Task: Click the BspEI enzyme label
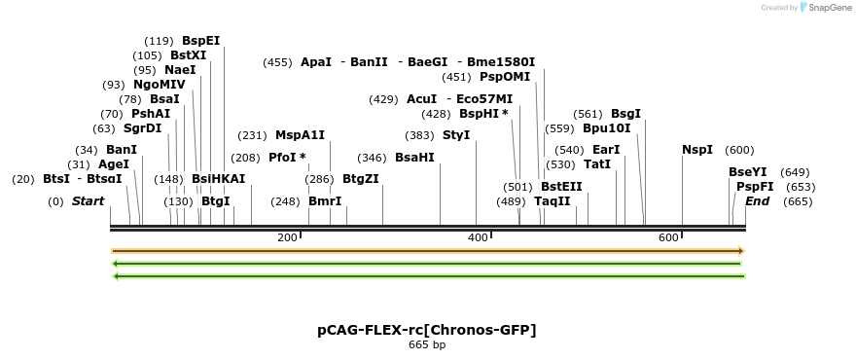[x=200, y=41]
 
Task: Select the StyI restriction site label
[x=456, y=135]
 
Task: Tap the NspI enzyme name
[x=697, y=150]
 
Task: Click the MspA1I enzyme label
[x=300, y=135]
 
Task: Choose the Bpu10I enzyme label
[x=607, y=128]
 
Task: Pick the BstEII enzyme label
[x=561, y=187]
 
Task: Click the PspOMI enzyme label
[x=505, y=77]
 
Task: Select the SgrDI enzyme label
[x=142, y=128]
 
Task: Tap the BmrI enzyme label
[x=325, y=201]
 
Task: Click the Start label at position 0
[x=88, y=201]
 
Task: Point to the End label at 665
[x=757, y=201]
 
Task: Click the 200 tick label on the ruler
[x=287, y=238]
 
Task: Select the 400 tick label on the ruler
[x=478, y=238]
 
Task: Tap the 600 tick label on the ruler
[x=668, y=238]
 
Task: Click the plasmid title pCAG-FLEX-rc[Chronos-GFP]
[x=427, y=330]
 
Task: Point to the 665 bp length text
[x=427, y=344]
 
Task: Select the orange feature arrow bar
[x=428, y=251]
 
